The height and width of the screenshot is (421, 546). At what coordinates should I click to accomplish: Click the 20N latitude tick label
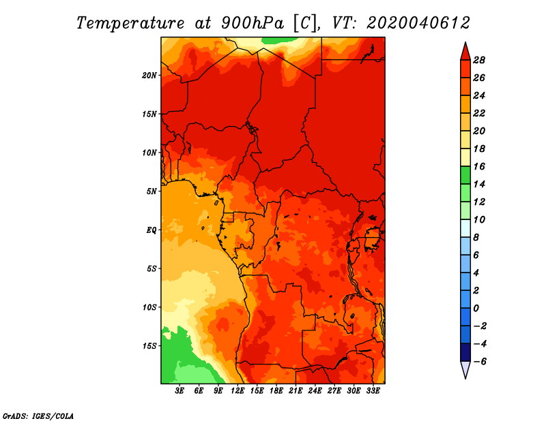(x=149, y=76)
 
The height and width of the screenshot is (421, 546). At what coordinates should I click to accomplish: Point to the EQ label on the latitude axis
(x=152, y=230)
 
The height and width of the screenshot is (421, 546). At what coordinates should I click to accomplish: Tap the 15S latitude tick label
(x=149, y=346)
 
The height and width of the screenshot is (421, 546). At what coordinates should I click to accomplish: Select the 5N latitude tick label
(x=152, y=191)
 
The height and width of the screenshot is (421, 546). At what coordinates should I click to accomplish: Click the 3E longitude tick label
(x=179, y=391)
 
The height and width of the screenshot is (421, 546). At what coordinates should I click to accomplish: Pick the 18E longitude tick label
(x=276, y=391)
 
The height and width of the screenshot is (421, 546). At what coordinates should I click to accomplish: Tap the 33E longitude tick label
(x=373, y=391)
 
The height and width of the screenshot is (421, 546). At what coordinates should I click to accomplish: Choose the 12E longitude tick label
(x=238, y=391)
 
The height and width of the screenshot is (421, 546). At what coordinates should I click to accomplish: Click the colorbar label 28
(x=479, y=60)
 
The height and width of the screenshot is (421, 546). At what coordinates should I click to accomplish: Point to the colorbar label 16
(x=479, y=166)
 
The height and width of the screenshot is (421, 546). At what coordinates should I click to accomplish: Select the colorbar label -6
(x=480, y=362)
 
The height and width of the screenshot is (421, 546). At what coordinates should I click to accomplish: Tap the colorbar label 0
(x=476, y=309)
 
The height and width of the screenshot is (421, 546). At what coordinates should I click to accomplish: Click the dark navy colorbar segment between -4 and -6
(x=465, y=352)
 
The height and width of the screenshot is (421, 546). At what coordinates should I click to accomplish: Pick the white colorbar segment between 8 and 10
(x=465, y=228)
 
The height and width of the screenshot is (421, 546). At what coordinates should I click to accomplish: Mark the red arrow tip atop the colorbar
(x=465, y=42)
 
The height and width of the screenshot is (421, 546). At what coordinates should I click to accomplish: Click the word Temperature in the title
(x=130, y=23)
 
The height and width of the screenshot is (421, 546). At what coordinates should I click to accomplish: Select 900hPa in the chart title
(x=253, y=23)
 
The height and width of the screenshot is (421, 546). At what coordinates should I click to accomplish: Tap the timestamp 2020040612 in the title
(x=418, y=23)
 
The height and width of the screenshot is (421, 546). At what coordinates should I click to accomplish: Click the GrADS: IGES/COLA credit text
(x=38, y=416)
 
